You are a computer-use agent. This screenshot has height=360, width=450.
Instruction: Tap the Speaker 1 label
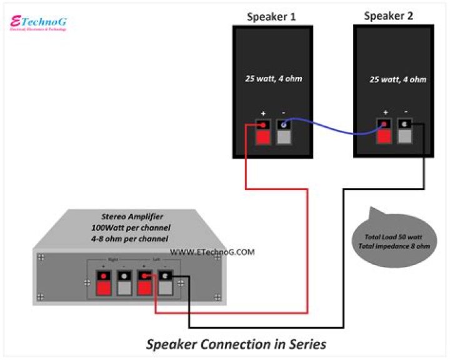tap(271, 17)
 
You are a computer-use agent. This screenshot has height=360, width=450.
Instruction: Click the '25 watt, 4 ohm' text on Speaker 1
tap(272, 79)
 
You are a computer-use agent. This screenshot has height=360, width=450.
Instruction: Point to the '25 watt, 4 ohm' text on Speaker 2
tap(398, 79)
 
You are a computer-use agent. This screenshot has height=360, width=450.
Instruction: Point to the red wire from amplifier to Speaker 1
tap(306, 250)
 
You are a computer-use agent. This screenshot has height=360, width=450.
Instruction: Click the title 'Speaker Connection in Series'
tap(236, 344)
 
